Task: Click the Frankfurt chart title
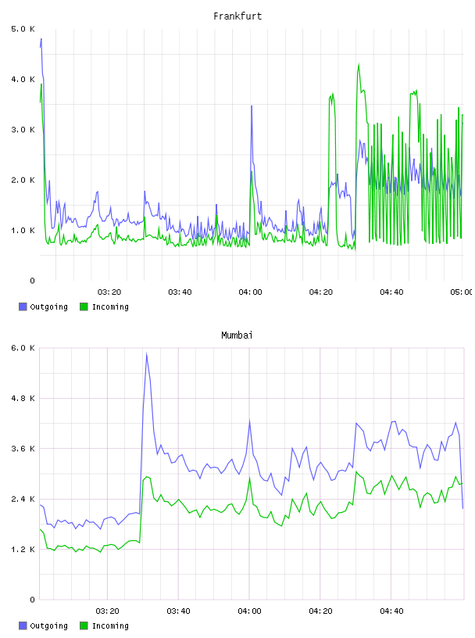tap(237, 16)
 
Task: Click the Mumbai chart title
tap(237, 335)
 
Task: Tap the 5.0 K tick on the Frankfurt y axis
tap(23, 29)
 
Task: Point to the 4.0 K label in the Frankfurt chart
tap(23, 79)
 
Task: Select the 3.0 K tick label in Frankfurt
tap(23, 130)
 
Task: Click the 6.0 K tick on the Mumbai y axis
tap(23, 348)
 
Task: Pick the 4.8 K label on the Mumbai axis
tap(23, 398)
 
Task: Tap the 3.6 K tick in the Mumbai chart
tap(23, 449)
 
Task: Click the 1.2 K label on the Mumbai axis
tap(23, 550)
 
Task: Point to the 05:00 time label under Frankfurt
tap(462, 292)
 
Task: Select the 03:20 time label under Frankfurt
tap(109, 292)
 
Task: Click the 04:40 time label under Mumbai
tap(391, 611)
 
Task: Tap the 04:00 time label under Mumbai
tap(250, 611)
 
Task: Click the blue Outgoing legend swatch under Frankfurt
tap(23, 306)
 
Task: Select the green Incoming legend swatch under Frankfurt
tap(84, 306)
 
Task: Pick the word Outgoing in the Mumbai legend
tap(48, 625)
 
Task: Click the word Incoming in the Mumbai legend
tap(110, 625)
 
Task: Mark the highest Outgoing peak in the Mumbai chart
tap(146, 353)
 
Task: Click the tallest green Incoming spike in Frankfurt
tap(359, 64)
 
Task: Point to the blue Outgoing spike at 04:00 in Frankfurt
tap(252, 106)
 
